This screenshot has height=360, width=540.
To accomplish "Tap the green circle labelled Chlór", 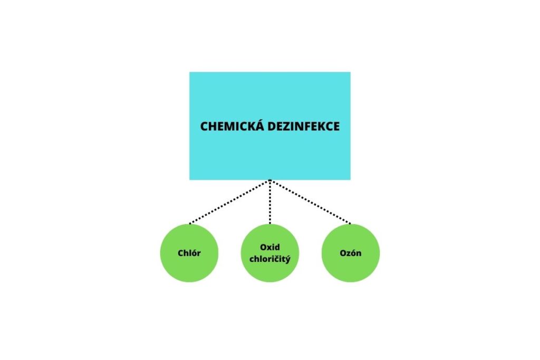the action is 189,253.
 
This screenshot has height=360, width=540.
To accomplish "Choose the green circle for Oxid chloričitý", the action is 269,253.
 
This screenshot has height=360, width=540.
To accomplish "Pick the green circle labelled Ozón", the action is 351,253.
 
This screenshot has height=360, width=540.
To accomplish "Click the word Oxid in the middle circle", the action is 269,247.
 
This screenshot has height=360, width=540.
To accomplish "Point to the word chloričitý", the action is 269,259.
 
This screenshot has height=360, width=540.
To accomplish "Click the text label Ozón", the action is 351,253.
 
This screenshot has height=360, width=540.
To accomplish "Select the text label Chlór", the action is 189,253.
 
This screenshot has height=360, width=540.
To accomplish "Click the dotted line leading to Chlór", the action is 229,202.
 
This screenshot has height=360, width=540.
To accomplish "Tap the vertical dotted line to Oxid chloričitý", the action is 270,202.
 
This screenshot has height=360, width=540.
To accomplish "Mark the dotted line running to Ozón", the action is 310,202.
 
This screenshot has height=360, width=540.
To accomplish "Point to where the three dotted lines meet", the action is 270,180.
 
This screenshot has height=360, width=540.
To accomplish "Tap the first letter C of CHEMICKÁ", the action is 204,127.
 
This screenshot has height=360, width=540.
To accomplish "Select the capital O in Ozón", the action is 343,253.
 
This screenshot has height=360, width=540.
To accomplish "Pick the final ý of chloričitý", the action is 288,259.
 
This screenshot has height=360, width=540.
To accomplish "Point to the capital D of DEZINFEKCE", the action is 272,127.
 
